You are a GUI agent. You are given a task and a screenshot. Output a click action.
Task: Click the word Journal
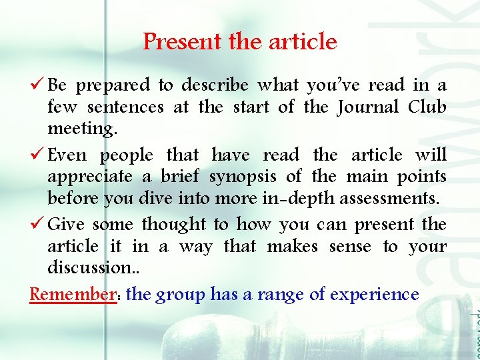[x=368, y=107]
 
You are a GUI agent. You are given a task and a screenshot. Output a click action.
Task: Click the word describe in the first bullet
[x=215, y=85]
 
